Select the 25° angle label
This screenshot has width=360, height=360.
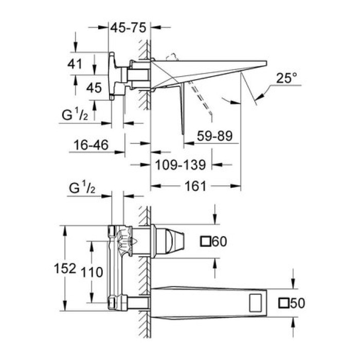(286, 78)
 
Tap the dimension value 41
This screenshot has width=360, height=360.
(75, 64)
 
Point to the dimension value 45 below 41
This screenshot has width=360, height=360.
(94, 87)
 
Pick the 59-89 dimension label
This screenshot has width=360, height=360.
(215, 136)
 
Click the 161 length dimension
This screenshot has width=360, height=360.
(195, 186)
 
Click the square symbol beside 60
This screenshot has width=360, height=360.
(207, 241)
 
